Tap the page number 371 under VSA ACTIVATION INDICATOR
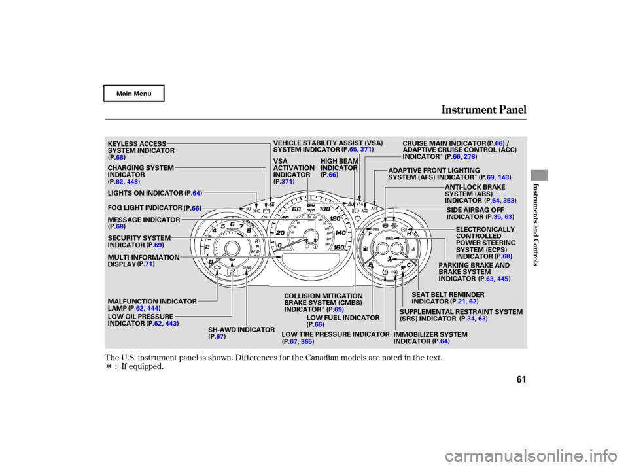286,181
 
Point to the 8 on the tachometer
249,229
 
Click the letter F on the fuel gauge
370,233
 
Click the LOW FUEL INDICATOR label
343,317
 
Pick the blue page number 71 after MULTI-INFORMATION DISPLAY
149,264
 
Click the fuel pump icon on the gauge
364,250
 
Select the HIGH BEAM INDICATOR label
339,167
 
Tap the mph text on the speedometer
311,212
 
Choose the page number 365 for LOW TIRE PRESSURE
307,342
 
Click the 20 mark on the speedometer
281,233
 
